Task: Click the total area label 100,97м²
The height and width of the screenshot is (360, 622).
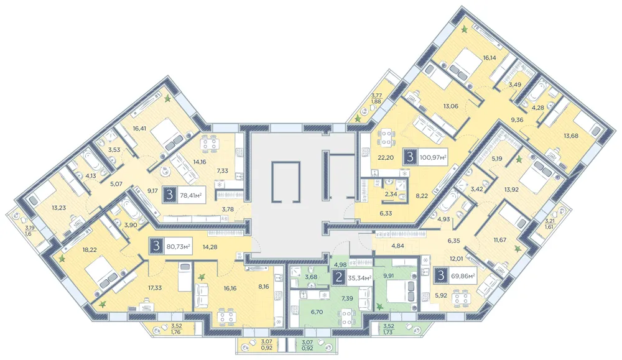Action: click(x=433, y=157)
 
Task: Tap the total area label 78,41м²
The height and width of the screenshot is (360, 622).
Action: click(x=191, y=195)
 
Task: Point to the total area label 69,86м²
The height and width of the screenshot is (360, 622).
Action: click(x=463, y=275)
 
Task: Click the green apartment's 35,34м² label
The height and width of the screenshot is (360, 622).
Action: click(x=360, y=277)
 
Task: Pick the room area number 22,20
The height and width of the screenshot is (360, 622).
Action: click(x=386, y=157)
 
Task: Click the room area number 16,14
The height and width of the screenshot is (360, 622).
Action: click(x=490, y=57)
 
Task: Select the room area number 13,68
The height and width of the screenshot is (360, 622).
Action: click(x=571, y=136)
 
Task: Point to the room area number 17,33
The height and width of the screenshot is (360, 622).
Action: click(x=154, y=288)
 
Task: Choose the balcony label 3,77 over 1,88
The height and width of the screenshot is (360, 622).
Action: click(x=376, y=98)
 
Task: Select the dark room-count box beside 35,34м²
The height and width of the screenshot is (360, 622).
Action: click(x=339, y=277)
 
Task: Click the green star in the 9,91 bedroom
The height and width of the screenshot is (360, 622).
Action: click(x=381, y=306)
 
